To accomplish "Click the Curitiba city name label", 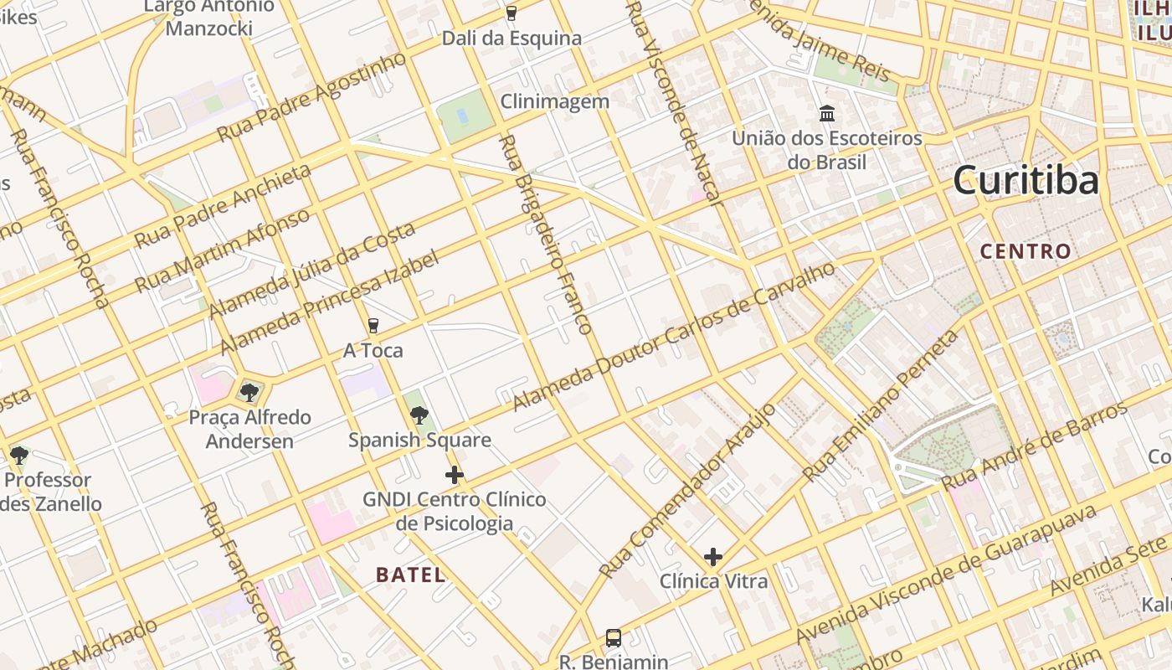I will pyautogui.click(x=1025, y=180).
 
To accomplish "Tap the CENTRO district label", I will pyautogui.click(x=1025, y=251).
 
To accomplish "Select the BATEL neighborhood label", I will pyautogui.click(x=410, y=575).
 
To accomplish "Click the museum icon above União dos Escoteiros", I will pyautogui.click(x=827, y=113).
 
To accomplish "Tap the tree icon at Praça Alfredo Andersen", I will pyautogui.click(x=249, y=392).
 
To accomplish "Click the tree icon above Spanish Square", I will pyautogui.click(x=419, y=415).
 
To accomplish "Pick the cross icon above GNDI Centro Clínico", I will pyautogui.click(x=454, y=475).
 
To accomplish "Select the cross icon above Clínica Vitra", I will pyautogui.click(x=713, y=557).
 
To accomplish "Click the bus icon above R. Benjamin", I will pyautogui.click(x=614, y=638).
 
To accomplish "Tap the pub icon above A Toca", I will pyautogui.click(x=373, y=326).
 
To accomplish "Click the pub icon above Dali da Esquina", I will pyautogui.click(x=511, y=13).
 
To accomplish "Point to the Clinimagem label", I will pyautogui.click(x=554, y=101).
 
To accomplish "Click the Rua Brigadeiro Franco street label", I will pyautogui.click(x=546, y=234).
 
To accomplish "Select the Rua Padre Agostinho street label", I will pyautogui.click(x=311, y=96).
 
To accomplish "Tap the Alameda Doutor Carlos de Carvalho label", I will pyautogui.click(x=674, y=337).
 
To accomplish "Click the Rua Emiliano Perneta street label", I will pyautogui.click(x=882, y=405).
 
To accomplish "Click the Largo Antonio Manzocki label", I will pyautogui.click(x=208, y=18).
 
